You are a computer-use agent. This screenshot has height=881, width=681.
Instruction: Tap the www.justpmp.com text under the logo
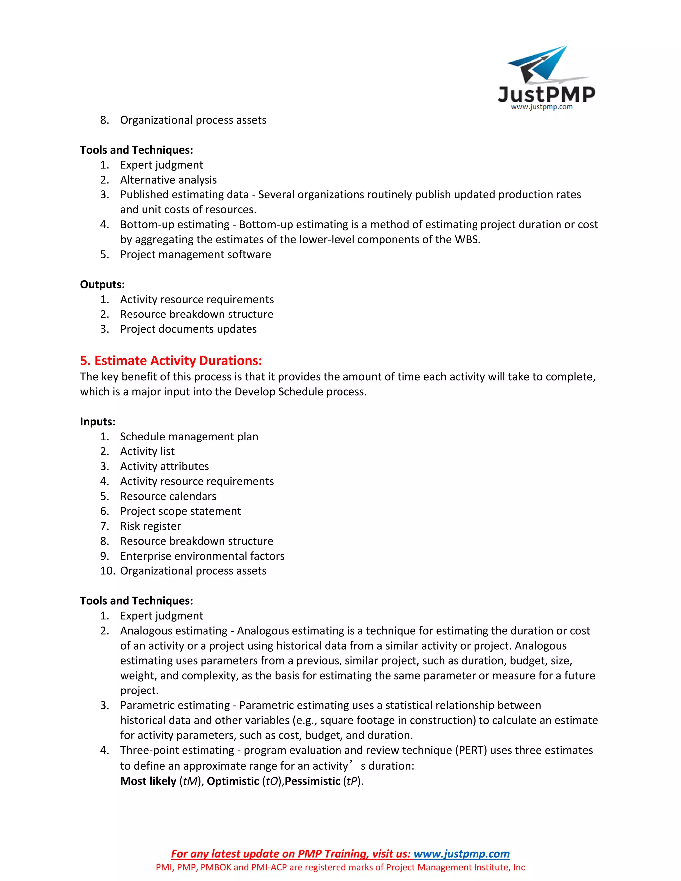click(541, 107)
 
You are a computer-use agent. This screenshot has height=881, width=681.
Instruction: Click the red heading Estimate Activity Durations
click(171, 360)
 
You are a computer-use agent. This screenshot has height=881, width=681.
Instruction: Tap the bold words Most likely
click(148, 781)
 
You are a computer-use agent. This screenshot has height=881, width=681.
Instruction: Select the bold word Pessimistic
click(312, 781)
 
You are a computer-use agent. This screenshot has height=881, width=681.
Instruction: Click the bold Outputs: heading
click(102, 284)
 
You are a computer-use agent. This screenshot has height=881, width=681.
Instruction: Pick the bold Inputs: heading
click(98, 422)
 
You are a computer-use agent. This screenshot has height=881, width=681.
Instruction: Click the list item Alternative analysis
click(168, 180)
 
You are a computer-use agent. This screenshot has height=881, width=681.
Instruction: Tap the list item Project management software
click(195, 255)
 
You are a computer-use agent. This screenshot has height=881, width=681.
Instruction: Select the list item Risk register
click(151, 526)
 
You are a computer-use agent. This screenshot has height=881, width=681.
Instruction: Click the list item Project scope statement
click(180, 511)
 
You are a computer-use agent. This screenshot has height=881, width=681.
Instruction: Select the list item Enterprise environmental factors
click(202, 556)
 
